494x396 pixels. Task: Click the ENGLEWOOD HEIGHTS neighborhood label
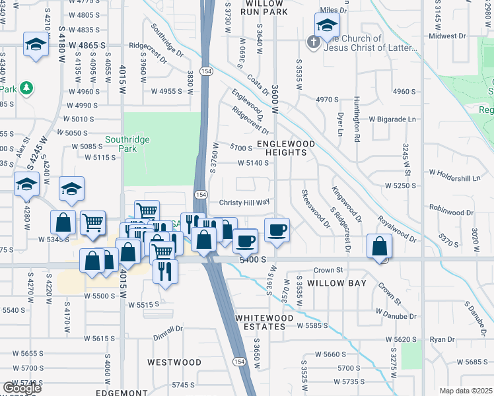click(x=282, y=147)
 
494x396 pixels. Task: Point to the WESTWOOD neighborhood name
click(x=174, y=362)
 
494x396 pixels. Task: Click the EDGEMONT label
click(x=122, y=392)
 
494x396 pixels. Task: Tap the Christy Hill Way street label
click(x=244, y=203)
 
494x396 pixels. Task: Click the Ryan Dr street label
click(x=439, y=339)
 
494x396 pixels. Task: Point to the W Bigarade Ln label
click(x=393, y=119)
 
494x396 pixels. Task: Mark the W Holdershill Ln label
click(x=455, y=175)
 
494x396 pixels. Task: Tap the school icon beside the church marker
click(x=326, y=26)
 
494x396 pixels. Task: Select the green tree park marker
click(x=26, y=88)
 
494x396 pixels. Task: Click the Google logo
click(x=21, y=388)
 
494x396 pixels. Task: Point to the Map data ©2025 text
click(x=466, y=391)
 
